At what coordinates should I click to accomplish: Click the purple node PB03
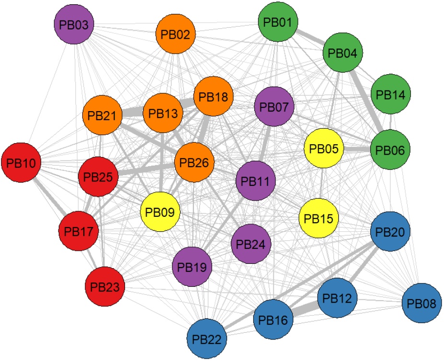[74, 24]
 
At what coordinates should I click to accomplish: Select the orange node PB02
[176, 35]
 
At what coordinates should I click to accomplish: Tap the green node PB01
[278, 22]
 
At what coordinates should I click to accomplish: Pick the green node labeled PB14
[390, 95]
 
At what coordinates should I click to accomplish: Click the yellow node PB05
[324, 148]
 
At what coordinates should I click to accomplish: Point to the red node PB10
[21, 163]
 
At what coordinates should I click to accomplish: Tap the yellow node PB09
[160, 211]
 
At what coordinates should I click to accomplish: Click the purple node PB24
[251, 244]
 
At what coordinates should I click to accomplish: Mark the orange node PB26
[194, 163]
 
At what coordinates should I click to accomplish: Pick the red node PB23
[105, 287]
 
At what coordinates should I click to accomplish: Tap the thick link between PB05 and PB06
[357, 150]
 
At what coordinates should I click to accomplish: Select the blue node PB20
[390, 232]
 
